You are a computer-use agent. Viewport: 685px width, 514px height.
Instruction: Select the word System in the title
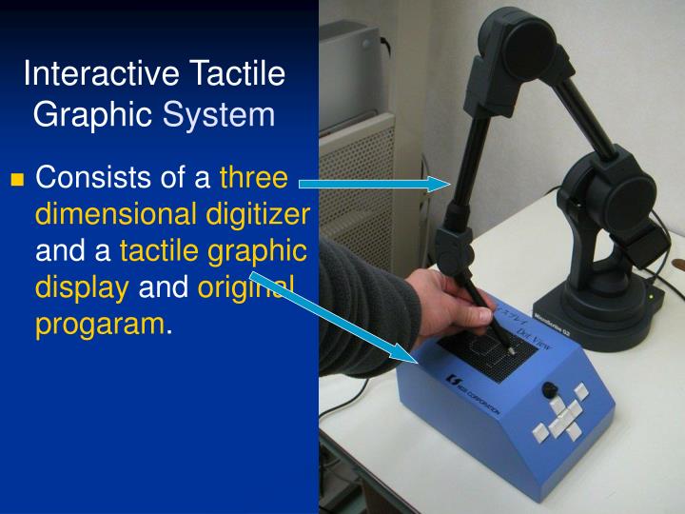(x=219, y=115)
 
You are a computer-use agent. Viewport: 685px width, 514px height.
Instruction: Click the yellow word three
(x=252, y=179)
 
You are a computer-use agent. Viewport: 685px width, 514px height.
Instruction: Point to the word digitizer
(x=258, y=215)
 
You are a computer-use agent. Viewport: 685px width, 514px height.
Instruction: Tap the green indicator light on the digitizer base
(x=650, y=295)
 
